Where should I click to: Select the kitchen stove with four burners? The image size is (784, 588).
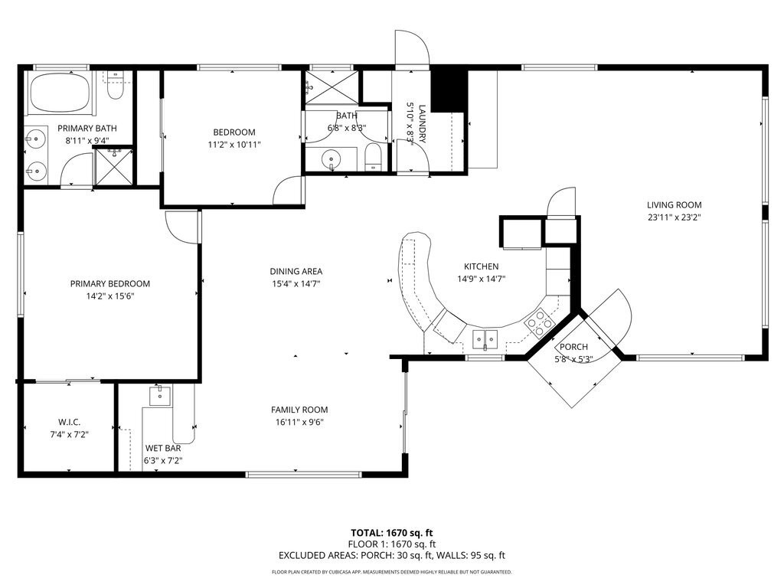tap(540, 322)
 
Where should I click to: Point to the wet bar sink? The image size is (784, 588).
tap(160, 396)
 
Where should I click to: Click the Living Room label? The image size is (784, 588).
tap(674, 204)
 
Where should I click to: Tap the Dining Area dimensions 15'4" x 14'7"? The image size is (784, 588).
tap(296, 283)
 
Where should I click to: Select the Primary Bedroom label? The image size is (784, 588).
tap(110, 283)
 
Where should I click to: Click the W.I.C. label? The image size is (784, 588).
tap(69, 423)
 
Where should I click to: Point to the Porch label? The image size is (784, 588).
tap(573, 347)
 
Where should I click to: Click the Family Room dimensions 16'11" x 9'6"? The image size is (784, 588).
tap(299, 422)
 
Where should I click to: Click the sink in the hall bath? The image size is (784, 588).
tap(332, 160)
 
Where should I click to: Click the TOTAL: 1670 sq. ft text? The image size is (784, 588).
tap(391, 532)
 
